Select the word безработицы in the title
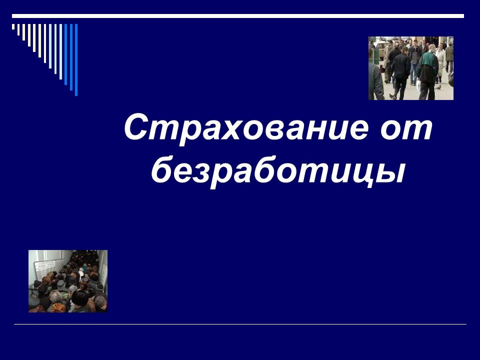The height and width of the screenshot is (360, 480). (277, 170)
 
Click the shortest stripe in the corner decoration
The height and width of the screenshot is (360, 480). (13, 26)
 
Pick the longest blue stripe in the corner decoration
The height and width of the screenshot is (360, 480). (76, 59)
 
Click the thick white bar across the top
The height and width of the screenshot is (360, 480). (237, 16)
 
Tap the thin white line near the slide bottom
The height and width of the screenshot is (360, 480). (240, 324)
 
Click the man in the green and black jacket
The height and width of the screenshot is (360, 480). (428, 70)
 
